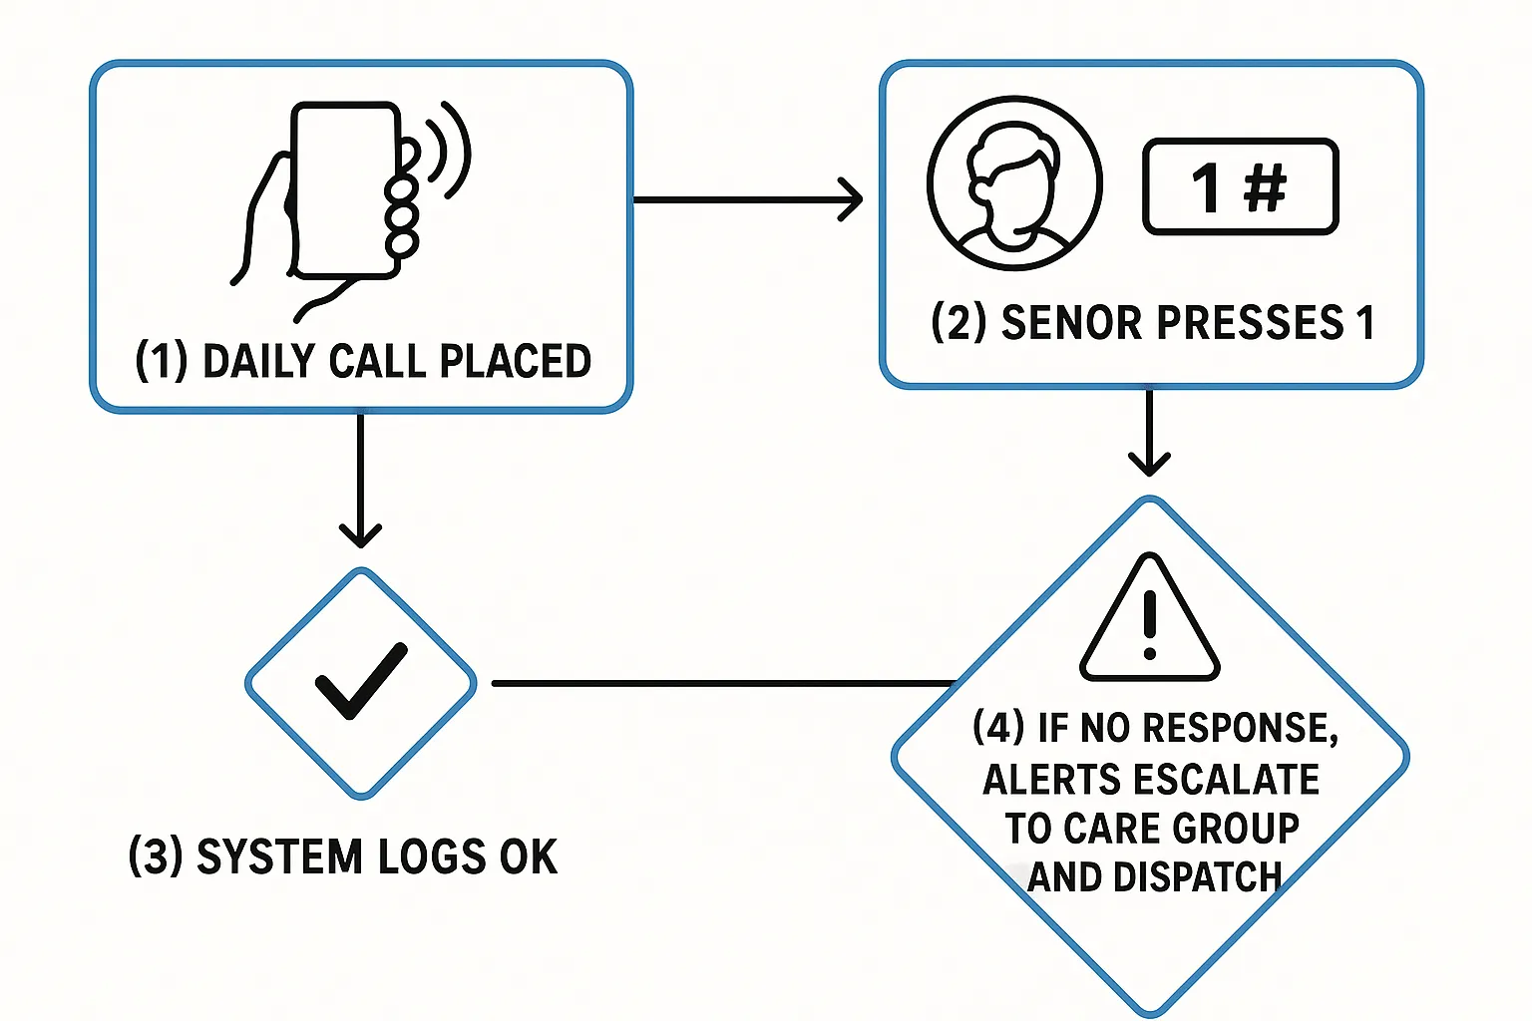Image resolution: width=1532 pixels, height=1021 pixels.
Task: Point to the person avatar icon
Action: [x=1014, y=183]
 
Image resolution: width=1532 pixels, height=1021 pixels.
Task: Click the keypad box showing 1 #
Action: [x=1240, y=186]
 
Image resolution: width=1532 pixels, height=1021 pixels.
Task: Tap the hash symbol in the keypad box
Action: [x=1265, y=186]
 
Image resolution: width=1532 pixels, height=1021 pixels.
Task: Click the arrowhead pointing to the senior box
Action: [x=851, y=199]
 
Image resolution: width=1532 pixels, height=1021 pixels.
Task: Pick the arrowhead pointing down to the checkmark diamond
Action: [x=360, y=533]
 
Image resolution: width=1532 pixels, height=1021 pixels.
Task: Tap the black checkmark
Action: [x=360, y=680]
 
